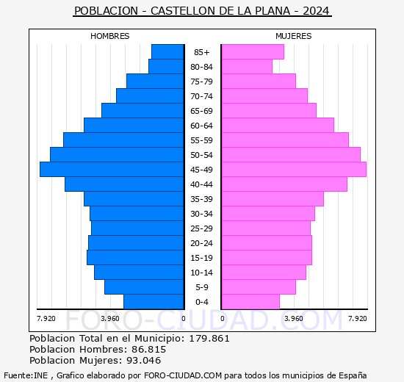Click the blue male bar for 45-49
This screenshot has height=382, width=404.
click(112, 169)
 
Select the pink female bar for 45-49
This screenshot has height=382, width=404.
click(293, 169)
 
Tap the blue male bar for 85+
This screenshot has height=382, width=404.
click(167, 51)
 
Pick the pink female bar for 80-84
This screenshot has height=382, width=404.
click(246, 66)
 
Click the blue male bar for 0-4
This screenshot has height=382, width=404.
click(154, 302)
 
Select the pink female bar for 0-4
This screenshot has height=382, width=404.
click(250, 302)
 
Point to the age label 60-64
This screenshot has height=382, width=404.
click(202, 126)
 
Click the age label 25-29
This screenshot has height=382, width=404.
click(202, 228)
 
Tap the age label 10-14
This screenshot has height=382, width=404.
click(202, 273)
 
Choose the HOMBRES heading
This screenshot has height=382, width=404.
click(110, 36)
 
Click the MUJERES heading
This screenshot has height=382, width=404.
click(293, 36)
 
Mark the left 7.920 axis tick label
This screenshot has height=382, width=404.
click(46, 318)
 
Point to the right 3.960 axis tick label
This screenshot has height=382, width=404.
click(293, 318)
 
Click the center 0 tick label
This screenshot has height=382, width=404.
click(184, 318)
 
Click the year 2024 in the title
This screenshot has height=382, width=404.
click(316, 11)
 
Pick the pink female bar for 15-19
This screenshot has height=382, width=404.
click(266, 258)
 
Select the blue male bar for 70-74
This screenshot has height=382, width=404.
click(150, 95)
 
